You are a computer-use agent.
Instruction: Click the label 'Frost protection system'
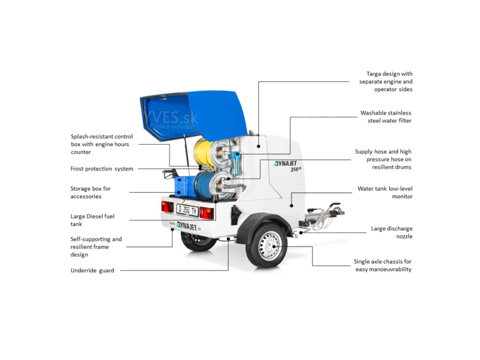(102, 169)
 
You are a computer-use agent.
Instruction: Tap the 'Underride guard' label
(92, 270)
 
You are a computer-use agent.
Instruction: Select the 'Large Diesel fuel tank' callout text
(92, 220)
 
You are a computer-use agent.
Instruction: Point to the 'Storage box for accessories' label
(90, 193)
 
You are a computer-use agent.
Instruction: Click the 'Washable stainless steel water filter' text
(386, 117)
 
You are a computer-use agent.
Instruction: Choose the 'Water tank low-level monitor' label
(385, 193)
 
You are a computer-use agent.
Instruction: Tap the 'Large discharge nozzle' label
(391, 232)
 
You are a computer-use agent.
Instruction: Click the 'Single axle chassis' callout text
(383, 265)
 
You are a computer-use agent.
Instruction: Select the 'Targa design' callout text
(386, 82)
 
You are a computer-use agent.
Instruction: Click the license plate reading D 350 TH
(187, 210)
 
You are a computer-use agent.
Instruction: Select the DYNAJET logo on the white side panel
(288, 164)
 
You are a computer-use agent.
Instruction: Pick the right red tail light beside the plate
(207, 213)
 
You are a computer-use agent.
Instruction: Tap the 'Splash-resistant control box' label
(101, 144)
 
